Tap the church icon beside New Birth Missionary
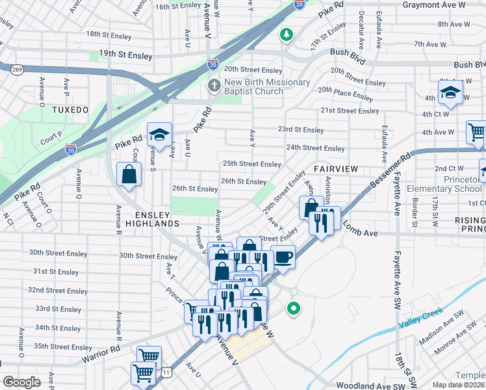coord(214,86)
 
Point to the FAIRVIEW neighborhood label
coord(335,168)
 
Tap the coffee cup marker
coord(283,257)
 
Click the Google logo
coord(21,382)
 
